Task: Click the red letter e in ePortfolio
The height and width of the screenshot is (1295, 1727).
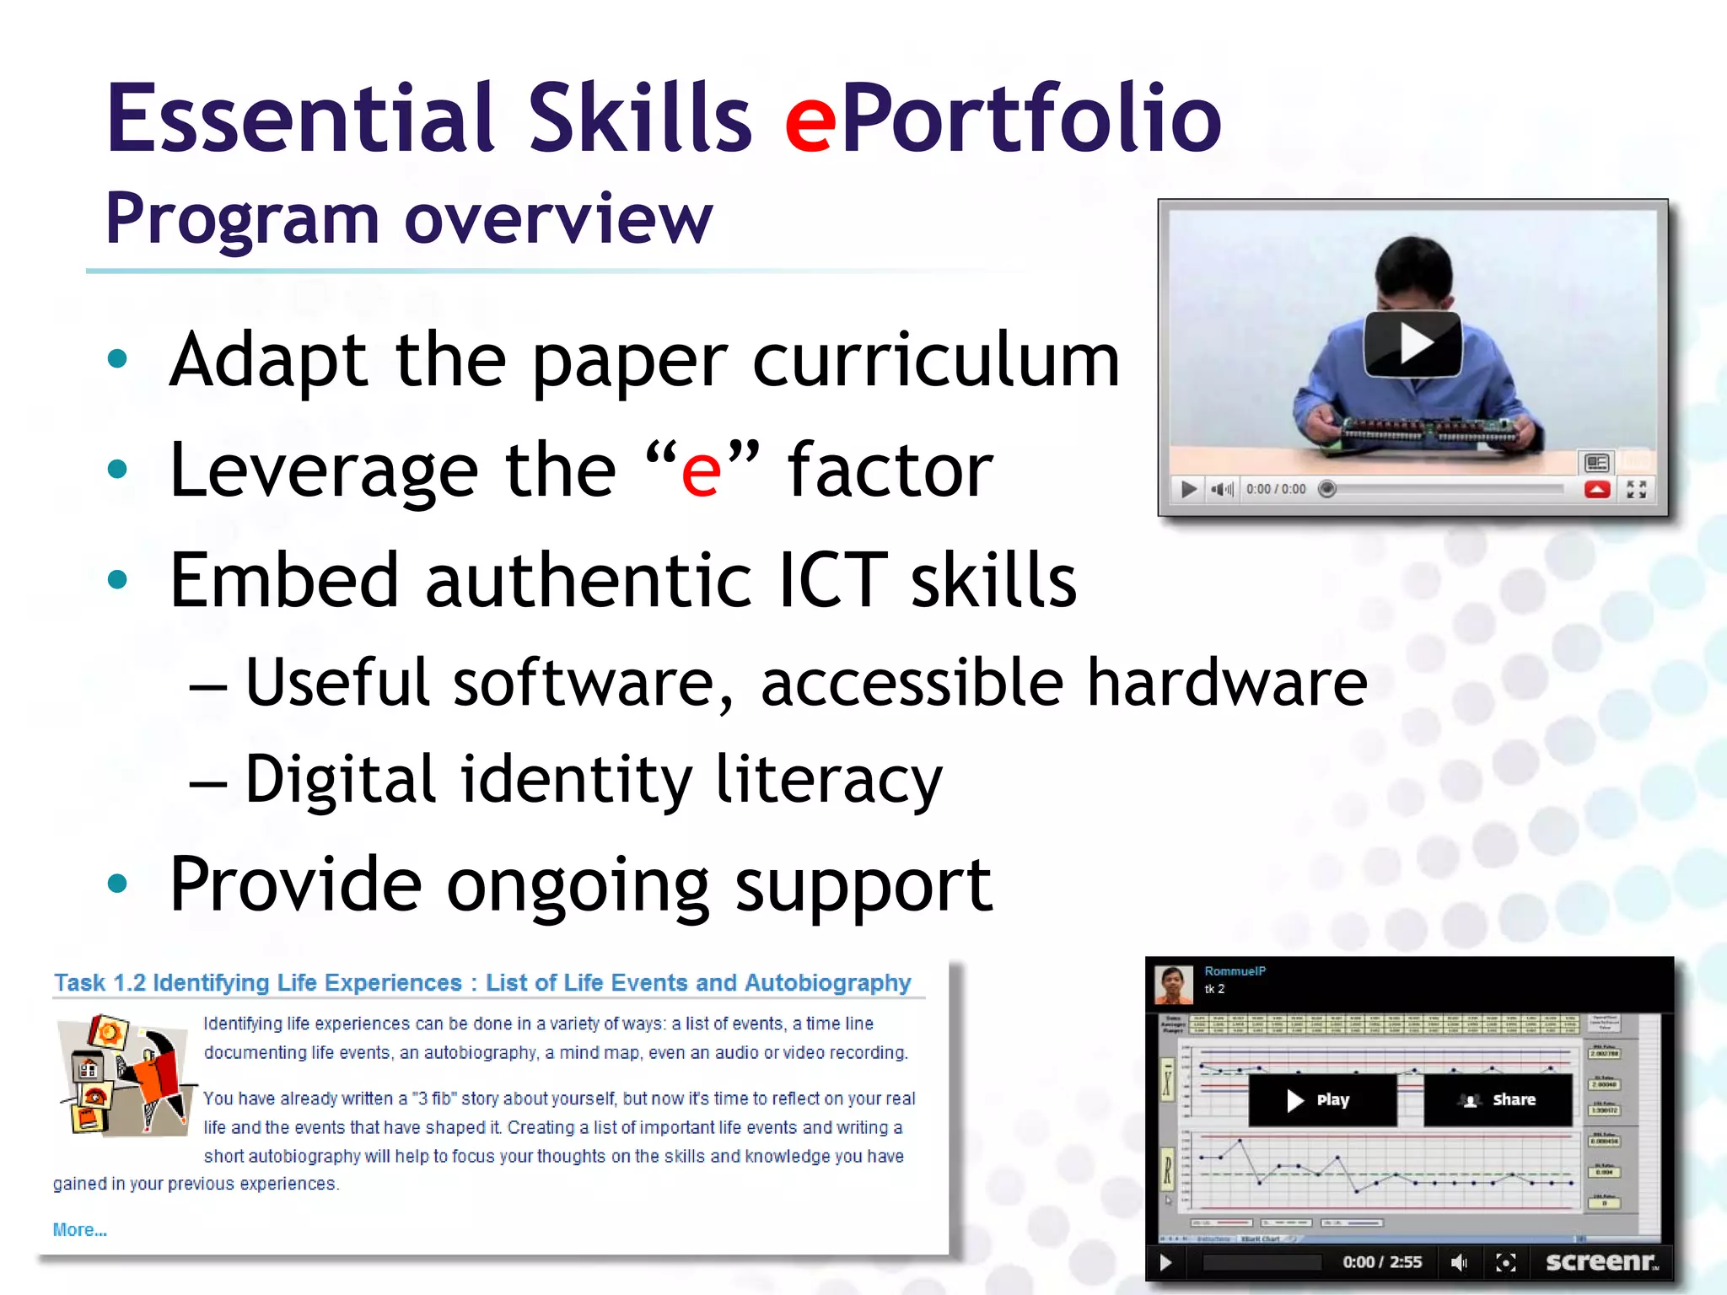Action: (x=810, y=122)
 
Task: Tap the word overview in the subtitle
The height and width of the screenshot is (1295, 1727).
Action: (x=558, y=219)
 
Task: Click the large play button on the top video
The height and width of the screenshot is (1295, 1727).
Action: (x=1412, y=344)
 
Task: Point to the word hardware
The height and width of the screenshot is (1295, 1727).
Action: (x=1226, y=682)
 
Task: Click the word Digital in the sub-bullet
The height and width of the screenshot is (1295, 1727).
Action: (x=340, y=779)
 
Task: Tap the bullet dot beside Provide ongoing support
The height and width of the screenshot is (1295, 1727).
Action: (x=117, y=884)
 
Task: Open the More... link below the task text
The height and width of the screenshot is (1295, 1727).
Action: (x=79, y=1230)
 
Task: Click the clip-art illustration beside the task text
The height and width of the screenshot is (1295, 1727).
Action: (x=125, y=1075)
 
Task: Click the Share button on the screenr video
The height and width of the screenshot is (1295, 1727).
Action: (x=1498, y=1099)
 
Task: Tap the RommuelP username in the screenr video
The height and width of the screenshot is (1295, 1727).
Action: (x=1235, y=971)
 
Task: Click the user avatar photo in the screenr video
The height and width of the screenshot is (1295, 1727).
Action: (x=1173, y=985)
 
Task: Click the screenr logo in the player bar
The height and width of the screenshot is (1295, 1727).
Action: (x=1601, y=1261)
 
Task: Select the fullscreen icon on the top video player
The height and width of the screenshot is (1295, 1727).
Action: (x=1637, y=489)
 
